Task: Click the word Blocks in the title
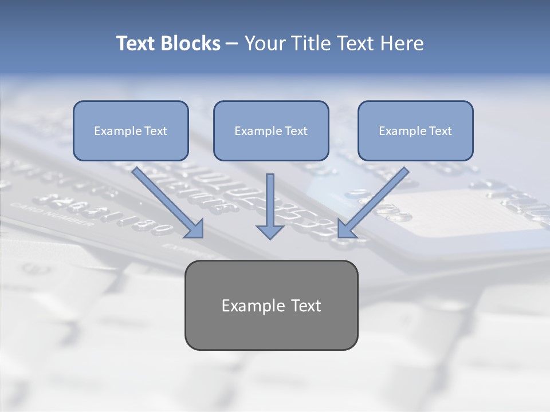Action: coord(191,43)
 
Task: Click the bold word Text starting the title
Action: coord(136,43)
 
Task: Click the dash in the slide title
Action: coord(232,44)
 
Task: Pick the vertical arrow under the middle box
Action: coord(270,200)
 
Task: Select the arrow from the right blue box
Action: coord(375,200)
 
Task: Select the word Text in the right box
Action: coord(440,131)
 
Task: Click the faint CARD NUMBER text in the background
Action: coord(52,216)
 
